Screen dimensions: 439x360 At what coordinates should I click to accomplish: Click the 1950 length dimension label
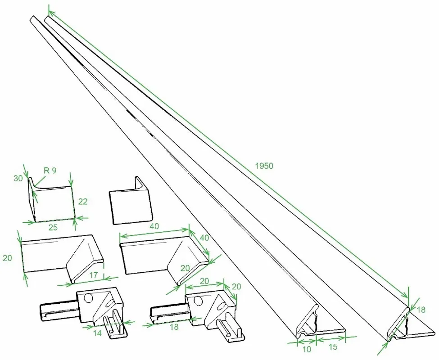pyautogui.click(x=264, y=166)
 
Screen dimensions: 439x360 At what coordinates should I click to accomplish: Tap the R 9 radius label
pyautogui.click(x=50, y=171)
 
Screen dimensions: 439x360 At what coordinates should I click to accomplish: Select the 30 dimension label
pyautogui.click(x=18, y=178)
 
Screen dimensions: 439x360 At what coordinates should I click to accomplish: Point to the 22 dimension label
pyautogui.click(x=83, y=202)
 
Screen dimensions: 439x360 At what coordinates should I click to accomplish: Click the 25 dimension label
pyautogui.click(x=53, y=227)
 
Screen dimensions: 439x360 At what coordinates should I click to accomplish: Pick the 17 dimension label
pyautogui.click(x=94, y=275)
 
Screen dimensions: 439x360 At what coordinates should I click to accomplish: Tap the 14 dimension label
pyautogui.click(x=97, y=333)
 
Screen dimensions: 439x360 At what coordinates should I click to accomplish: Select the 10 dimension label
pyautogui.click(x=307, y=349)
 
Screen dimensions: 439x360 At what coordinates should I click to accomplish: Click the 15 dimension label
pyautogui.click(x=333, y=347)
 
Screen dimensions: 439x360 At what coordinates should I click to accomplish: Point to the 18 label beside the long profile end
pyautogui.click(x=421, y=310)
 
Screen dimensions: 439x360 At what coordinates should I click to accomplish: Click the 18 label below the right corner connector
pyautogui.click(x=174, y=327)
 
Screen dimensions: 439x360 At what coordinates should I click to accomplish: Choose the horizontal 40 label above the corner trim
pyautogui.click(x=154, y=226)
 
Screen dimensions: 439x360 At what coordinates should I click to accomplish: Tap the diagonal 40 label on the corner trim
pyautogui.click(x=204, y=238)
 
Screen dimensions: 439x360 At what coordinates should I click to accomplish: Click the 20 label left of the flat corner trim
pyautogui.click(x=8, y=258)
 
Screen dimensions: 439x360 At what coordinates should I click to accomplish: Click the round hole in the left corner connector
pyautogui.click(x=88, y=298)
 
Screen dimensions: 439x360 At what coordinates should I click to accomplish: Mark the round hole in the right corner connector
pyautogui.click(x=198, y=301)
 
